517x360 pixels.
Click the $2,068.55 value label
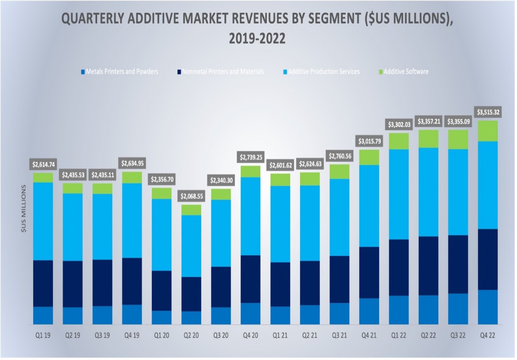pyautogui.click(x=191, y=196)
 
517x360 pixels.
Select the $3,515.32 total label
pyautogui.click(x=487, y=112)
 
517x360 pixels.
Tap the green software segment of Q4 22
pyautogui.click(x=487, y=131)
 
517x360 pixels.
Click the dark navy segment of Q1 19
pyautogui.click(x=43, y=283)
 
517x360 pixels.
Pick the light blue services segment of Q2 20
pyautogui.click(x=191, y=246)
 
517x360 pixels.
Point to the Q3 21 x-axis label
pyautogui.click(x=339, y=336)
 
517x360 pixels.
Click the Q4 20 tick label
pyautogui.click(x=250, y=336)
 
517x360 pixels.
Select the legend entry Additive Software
pyautogui.click(x=406, y=71)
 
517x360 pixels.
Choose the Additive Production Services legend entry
pyautogui.click(x=324, y=71)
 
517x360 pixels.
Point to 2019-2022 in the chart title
pyautogui.click(x=257, y=39)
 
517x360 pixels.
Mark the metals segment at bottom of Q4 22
pyautogui.click(x=487, y=307)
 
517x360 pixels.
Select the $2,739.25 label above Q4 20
pyautogui.click(x=250, y=157)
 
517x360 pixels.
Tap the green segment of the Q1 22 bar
pyautogui.click(x=398, y=141)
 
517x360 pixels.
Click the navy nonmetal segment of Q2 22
pyautogui.click(x=428, y=266)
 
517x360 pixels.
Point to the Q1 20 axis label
pyautogui.click(x=162, y=336)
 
